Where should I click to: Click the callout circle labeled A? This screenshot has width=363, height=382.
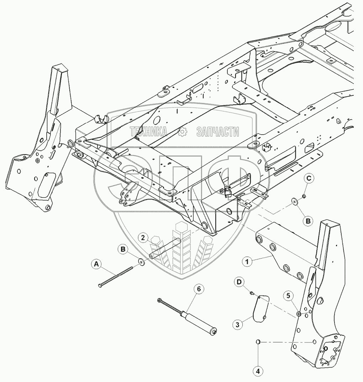(x=95, y=264)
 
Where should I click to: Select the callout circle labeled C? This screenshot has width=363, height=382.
(x=309, y=179)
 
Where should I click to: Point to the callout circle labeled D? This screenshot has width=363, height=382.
(x=239, y=282)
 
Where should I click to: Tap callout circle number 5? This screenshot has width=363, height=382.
(x=289, y=295)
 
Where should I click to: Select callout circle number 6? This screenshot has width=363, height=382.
(x=199, y=289)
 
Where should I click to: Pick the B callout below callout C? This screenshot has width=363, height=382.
(x=308, y=221)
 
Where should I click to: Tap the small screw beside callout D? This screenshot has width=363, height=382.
(x=252, y=292)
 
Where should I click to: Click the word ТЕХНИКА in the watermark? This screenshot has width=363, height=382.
(x=149, y=132)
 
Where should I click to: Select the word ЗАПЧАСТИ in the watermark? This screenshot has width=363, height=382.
(x=217, y=132)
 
